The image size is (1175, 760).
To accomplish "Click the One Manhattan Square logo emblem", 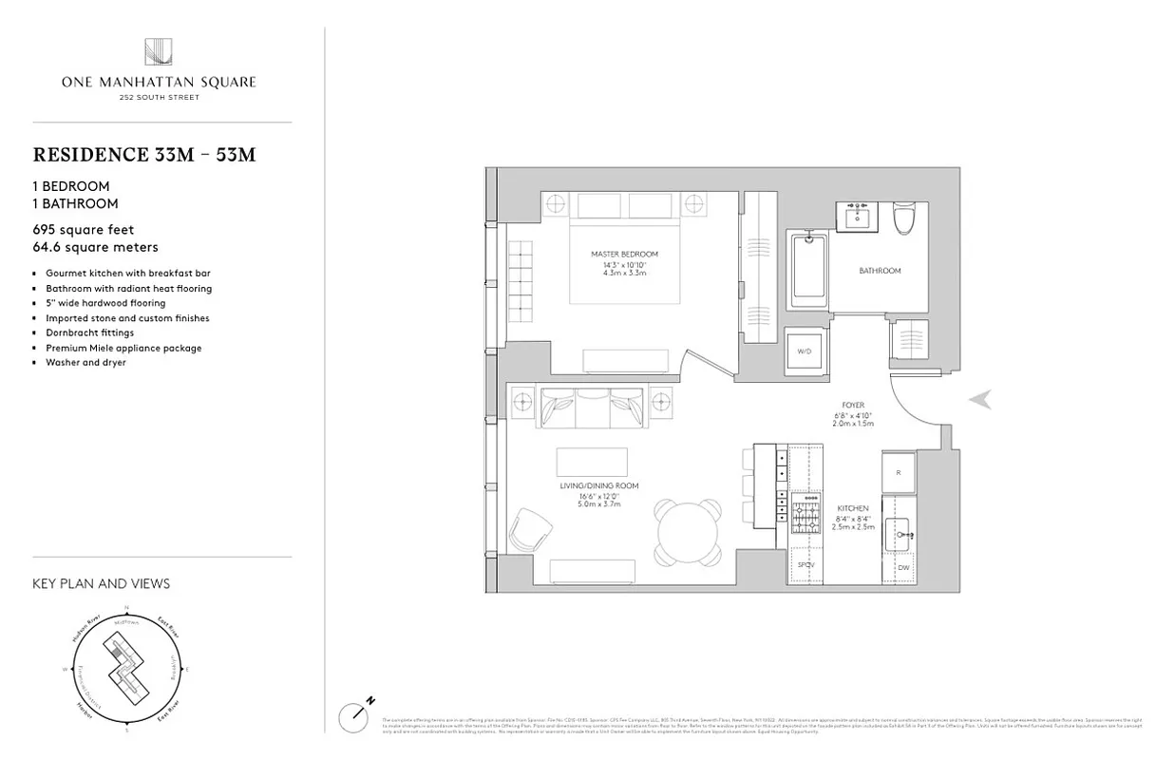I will click(158, 52).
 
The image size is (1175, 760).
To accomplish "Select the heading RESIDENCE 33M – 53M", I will click(144, 155).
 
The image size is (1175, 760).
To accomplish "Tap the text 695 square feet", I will click(84, 230).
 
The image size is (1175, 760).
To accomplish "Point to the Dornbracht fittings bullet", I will click(89, 333).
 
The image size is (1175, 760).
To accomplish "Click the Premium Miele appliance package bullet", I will click(123, 348).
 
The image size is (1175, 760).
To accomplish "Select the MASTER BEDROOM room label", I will click(624, 255).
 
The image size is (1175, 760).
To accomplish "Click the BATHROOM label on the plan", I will click(880, 271).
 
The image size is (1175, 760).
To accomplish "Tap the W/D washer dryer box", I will click(805, 351).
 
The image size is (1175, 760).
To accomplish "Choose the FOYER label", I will click(852, 406).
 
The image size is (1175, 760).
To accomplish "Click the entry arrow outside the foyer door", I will click(980, 400).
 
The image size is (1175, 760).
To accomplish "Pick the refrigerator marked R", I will click(899, 471).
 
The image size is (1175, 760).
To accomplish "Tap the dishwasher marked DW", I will click(902, 567).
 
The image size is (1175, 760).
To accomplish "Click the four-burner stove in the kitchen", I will click(806, 514).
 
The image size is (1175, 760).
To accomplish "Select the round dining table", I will click(687, 531).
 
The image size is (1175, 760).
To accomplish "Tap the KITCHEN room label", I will click(852, 509).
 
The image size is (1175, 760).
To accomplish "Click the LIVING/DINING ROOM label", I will click(598, 486).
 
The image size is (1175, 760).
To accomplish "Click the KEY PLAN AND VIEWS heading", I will click(102, 583).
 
